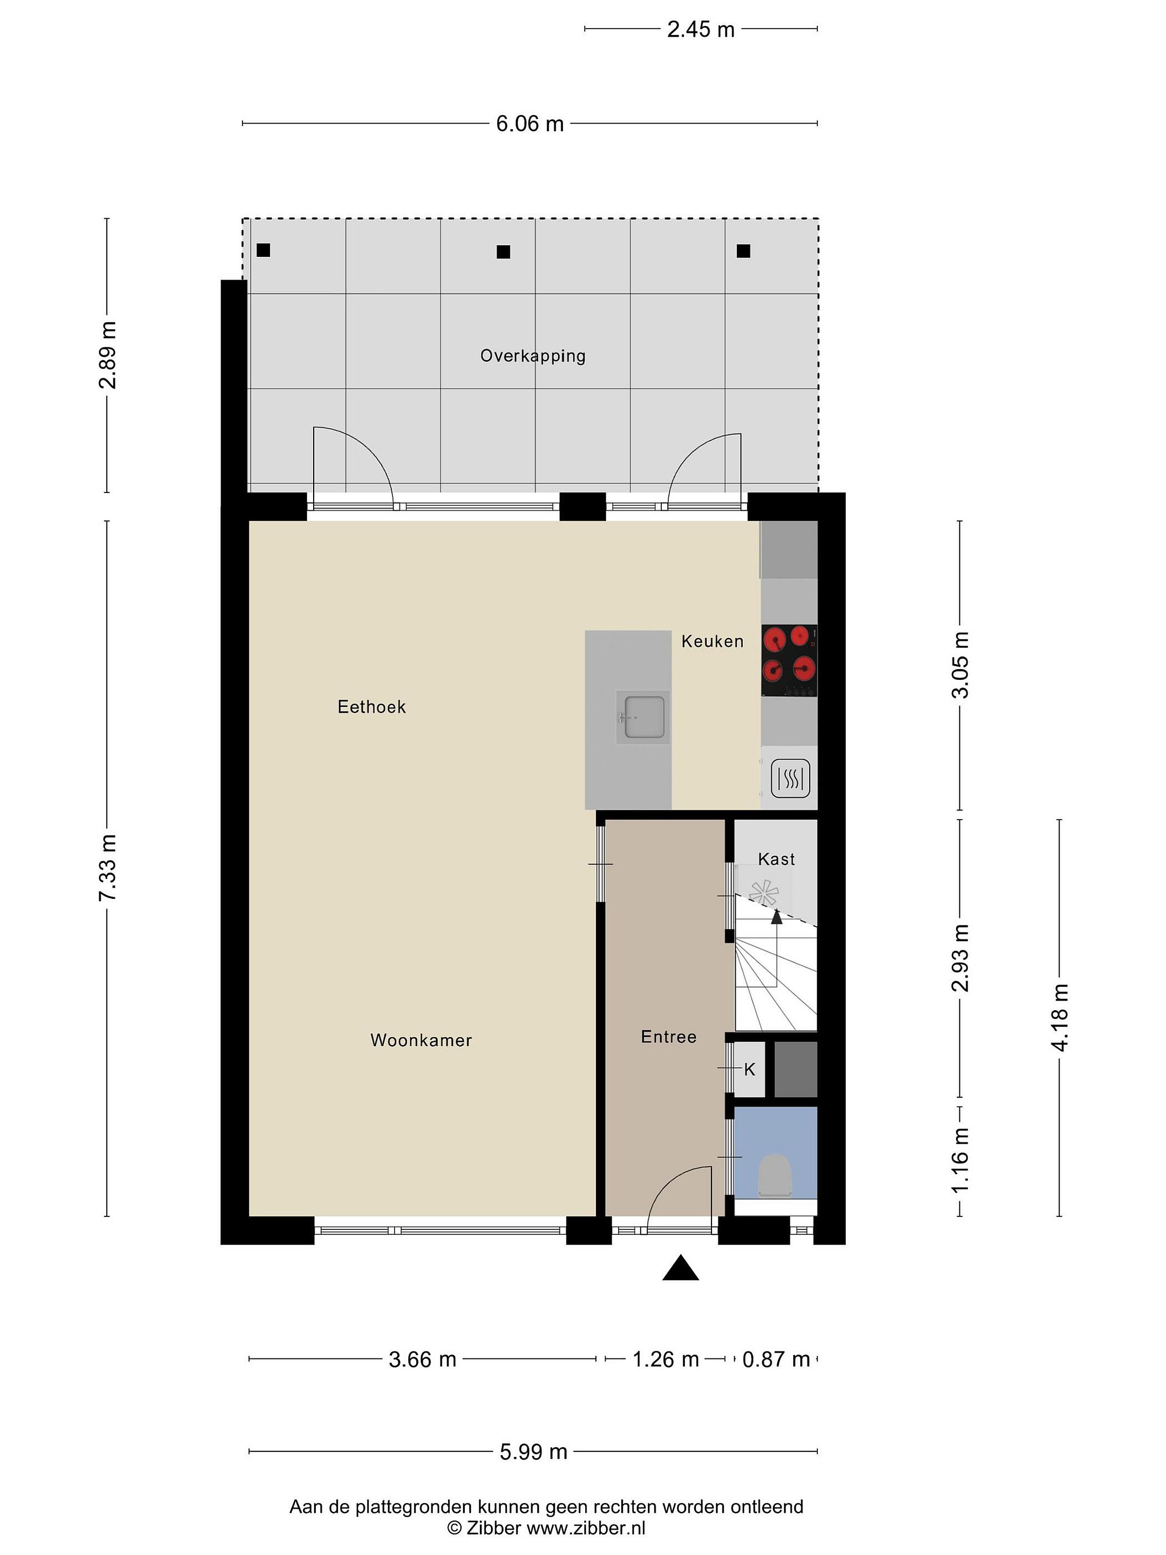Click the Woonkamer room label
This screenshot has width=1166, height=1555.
421,1040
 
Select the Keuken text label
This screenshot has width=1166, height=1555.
712,641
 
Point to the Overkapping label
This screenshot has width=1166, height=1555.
533,356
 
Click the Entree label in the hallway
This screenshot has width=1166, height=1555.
668,1036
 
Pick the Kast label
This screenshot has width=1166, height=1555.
776,859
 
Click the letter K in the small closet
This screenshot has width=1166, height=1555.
749,1069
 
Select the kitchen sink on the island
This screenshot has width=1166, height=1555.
640,717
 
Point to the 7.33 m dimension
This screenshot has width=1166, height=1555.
107,867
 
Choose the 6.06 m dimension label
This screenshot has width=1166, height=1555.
530,124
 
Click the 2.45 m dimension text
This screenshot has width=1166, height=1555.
701,30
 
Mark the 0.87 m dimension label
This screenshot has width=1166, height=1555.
776,1360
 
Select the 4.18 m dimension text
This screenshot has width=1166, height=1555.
1059,1017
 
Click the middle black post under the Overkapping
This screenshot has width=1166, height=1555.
503,252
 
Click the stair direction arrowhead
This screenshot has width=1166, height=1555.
777,916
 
